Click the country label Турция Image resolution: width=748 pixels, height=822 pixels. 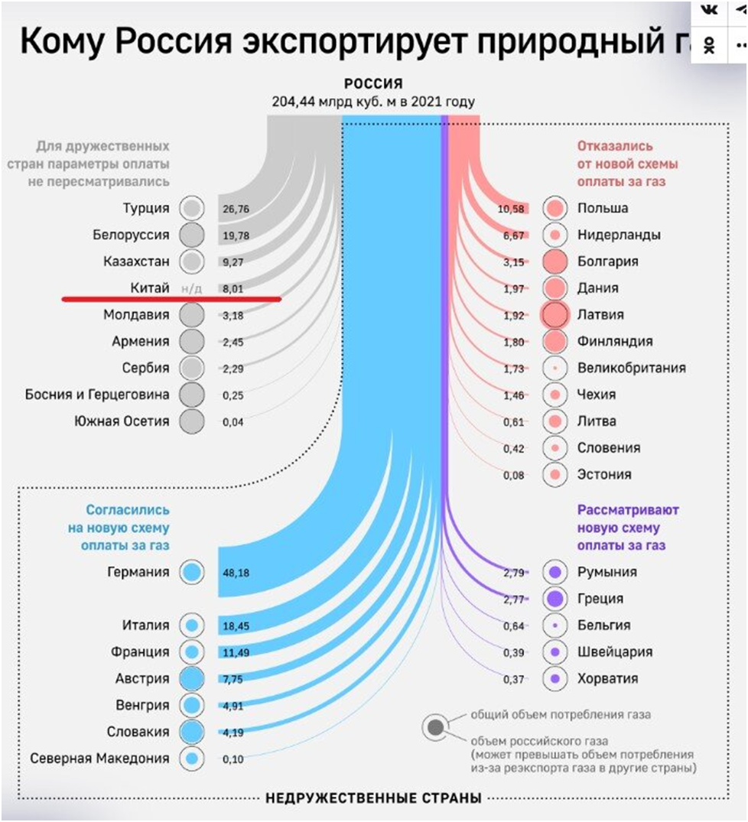pyautogui.click(x=145, y=208)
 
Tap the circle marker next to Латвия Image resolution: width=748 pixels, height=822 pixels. pyautogui.click(x=555, y=314)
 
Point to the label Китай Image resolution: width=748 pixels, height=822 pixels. pyautogui.click(x=145, y=288)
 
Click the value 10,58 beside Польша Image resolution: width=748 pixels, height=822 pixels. pyautogui.click(x=510, y=209)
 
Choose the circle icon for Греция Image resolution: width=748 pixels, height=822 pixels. pyautogui.click(x=555, y=598)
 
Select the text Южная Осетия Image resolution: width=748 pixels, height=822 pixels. pyautogui.click(x=122, y=421)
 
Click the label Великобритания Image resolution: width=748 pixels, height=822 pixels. pyautogui.click(x=632, y=368)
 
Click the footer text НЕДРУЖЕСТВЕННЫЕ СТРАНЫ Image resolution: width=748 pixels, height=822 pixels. pyautogui.click(x=373, y=799)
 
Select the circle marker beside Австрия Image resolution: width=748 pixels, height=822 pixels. pyautogui.click(x=192, y=678)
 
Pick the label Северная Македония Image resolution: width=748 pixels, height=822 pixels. pyautogui.click(x=99, y=759)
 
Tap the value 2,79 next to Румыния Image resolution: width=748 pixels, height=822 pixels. pyautogui.click(x=515, y=572)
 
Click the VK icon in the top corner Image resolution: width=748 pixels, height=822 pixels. pyautogui.click(x=711, y=9)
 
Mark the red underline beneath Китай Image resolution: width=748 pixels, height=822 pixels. pyautogui.click(x=171, y=299)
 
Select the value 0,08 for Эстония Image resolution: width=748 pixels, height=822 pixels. pyautogui.click(x=515, y=475)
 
